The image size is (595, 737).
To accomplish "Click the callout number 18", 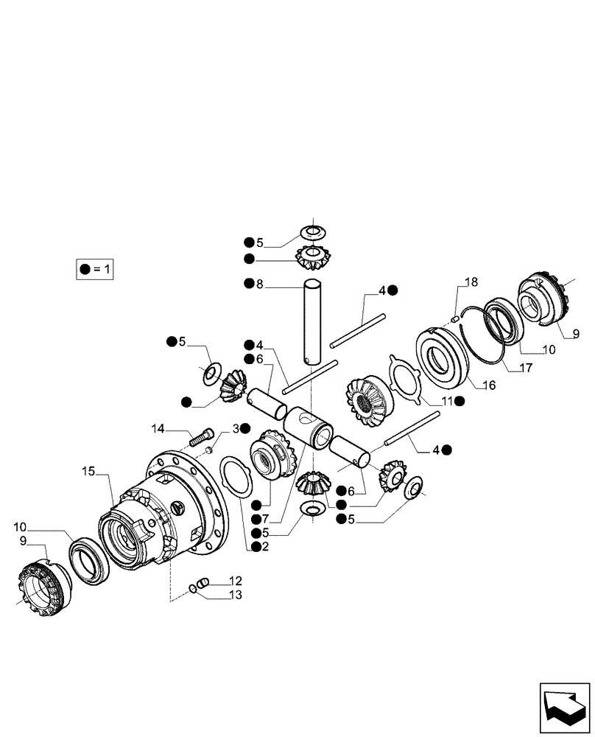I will pos(471,282).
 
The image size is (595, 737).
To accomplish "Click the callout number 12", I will pos(235,581).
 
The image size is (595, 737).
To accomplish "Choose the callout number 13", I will pos(235,595).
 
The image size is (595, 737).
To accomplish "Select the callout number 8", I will pos(258,283).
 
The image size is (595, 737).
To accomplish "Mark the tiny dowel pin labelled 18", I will pos(455,318).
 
